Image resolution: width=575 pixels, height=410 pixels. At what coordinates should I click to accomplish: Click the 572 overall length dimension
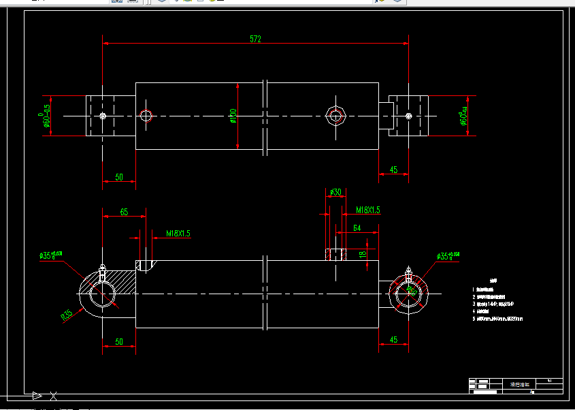pos(255,39)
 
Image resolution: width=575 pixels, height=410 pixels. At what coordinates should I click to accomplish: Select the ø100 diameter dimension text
pos(233,116)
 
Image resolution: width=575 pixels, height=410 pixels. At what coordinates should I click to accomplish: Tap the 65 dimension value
pos(124,212)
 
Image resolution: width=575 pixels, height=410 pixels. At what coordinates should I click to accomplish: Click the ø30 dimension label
pos(335,193)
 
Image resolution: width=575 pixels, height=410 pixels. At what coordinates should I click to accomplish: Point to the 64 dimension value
pos(356,228)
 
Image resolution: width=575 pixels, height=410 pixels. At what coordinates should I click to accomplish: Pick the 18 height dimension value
pos(363,254)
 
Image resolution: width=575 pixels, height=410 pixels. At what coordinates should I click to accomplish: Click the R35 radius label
pos(67,315)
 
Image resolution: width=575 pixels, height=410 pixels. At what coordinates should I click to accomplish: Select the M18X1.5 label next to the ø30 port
pos(363,210)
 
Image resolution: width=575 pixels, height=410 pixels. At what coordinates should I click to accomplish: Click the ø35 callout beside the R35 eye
pos(51,255)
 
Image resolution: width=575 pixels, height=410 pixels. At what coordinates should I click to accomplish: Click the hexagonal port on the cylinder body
pos(335,115)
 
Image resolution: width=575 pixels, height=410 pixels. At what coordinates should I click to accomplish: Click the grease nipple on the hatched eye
pos(102,270)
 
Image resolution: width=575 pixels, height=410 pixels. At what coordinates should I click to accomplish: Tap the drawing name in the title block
pos(519,384)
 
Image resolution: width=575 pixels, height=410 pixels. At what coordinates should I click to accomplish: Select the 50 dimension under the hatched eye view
pos(118,341)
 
